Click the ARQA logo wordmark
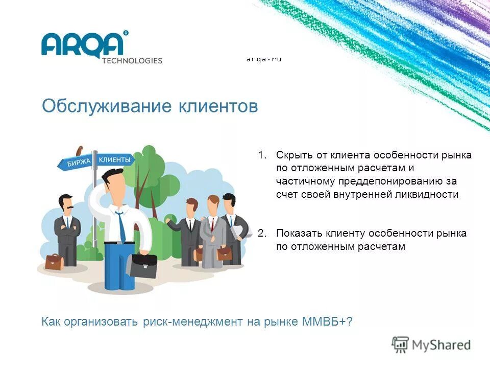pyautogui.click(x=83, y=44)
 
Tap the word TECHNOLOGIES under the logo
pyautogui.click(x=132, y=60)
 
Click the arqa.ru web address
pyautogui.click(x=264, y=59)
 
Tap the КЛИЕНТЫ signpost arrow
pyautogui.click(x=115, y=160)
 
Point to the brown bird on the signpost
pyautogui.click(x=79, y=151)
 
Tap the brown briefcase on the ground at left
pyautogui.click(x=54, y=262)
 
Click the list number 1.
pyautogui.click(x=262, y=155)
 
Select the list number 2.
pyautogui.click(x=262, y=234)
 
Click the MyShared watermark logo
pyautogui.click(x=431, y=345)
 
